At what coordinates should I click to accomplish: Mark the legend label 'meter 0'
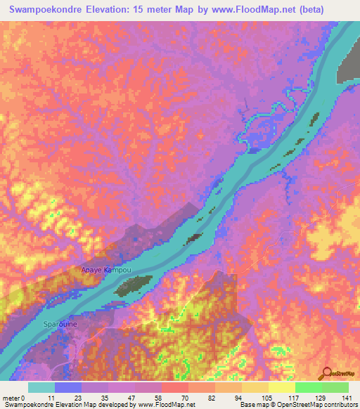(13, 398)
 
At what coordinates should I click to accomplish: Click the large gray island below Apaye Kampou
(134, 284)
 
